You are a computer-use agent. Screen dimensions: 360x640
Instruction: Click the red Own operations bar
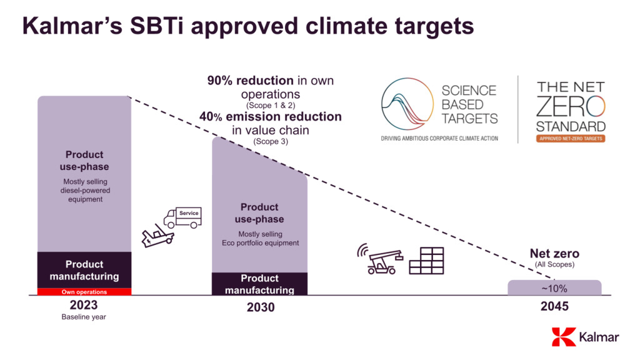(84, 292)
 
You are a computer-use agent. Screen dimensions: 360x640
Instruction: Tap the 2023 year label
(84, 305)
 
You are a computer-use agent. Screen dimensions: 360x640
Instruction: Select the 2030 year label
(260, 307)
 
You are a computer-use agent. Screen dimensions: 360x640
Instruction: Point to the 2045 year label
(554, 307)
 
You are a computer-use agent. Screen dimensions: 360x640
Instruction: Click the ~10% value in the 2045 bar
(554, 288)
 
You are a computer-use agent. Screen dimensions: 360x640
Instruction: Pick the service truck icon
(182, 217)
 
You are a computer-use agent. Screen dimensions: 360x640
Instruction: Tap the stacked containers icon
(426, 261)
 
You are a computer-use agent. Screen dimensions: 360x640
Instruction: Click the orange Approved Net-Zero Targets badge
(571, 138)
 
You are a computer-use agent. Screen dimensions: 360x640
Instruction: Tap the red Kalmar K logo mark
(564, 337)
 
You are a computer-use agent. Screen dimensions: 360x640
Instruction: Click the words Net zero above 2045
(554, 254)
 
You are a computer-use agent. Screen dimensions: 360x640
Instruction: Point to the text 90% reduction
(251, 81)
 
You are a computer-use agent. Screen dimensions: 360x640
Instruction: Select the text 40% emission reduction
(271, 116)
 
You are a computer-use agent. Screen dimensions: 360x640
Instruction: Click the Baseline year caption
(84, 317)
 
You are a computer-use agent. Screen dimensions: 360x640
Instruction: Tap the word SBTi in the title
(162, 26)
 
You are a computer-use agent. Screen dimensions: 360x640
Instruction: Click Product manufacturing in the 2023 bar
(84, 270)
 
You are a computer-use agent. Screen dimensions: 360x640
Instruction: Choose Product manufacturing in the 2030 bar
(259, 284)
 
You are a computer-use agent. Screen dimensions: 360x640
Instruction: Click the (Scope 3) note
(271, 142)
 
